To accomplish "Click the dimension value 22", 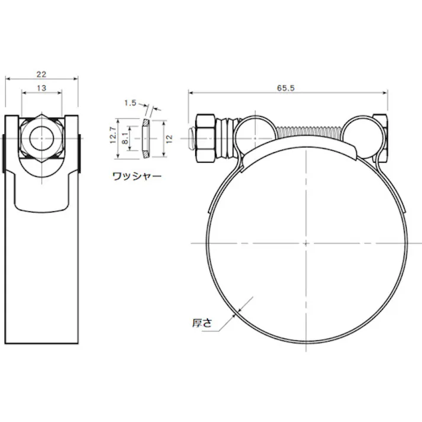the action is pos(41,74).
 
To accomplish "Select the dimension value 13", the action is pos(41,88).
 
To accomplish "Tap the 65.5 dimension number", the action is pos(285,88).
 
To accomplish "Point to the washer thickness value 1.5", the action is pos(130,103).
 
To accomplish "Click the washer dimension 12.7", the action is pos(113,135).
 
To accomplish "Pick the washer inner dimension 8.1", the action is pos(125,138).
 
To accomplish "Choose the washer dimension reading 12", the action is pos(169,138).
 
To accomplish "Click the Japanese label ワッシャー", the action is pos(137,176).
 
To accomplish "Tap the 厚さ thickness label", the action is pos(202,323).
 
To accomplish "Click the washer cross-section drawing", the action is pos(146,138).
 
